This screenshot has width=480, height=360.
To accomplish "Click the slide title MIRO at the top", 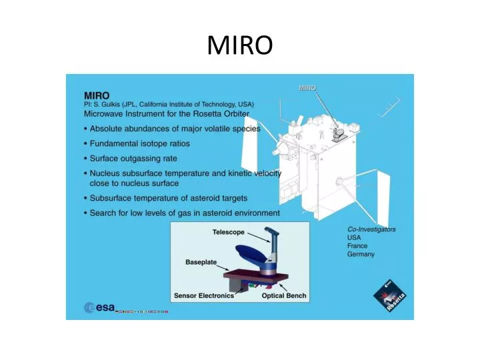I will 239,45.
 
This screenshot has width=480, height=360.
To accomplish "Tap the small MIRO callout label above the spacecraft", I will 307,87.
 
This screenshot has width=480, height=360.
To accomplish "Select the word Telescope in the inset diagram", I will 229,233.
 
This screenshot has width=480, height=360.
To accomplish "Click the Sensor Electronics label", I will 204,295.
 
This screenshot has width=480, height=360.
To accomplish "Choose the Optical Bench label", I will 283,295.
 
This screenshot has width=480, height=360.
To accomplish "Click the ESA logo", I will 99,308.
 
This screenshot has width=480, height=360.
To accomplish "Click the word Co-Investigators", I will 371,229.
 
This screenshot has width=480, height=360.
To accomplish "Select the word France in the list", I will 358,245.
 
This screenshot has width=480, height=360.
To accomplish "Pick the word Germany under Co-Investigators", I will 361,254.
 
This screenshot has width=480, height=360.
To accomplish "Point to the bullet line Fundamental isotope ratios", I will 140,143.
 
